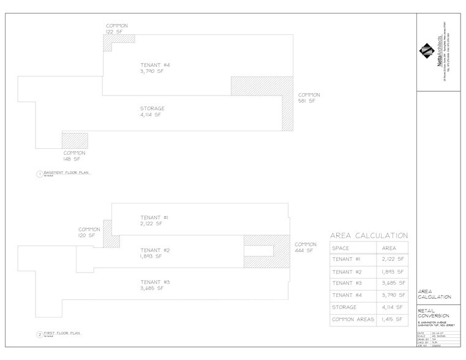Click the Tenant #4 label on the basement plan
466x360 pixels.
(x=151, y=66)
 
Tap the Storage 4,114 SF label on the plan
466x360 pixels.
(x=151, y=111)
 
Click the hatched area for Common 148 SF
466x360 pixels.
(x=74, y=140)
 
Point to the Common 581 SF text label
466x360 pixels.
(x=306, y=98)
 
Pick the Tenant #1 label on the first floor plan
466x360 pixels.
(x=151, y=221)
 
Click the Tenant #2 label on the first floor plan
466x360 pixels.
(x=151, y=253)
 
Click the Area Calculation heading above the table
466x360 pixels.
(x=369, y=235)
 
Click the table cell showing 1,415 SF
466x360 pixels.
(x=393, y=320)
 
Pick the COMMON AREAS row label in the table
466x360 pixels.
(x=352, y=320)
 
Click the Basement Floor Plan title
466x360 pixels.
(x=66, y=173)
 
